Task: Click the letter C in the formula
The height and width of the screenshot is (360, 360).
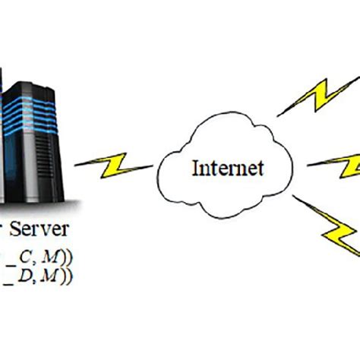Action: point(31,257)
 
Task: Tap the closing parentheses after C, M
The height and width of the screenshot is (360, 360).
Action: point(69,257)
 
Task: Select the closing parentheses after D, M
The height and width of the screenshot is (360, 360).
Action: point(69,278)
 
